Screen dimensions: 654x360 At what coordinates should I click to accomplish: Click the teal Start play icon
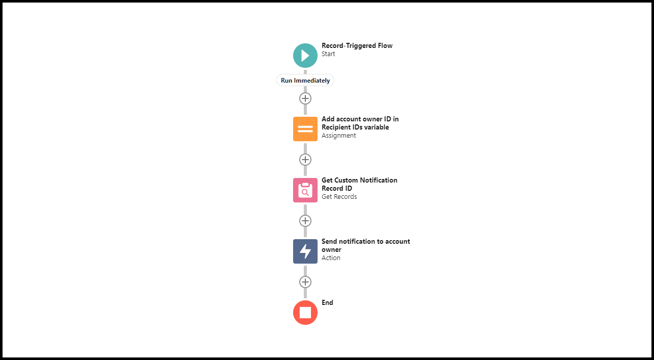tap(305, 56)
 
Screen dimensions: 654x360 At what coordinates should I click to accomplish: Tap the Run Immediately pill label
tap(305, 81)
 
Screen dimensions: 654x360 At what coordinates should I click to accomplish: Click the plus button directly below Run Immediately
tap(305, 98)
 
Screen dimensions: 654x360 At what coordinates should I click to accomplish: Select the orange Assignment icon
tap(305, 129)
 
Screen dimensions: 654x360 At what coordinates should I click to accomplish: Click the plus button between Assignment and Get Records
tap(305, 160)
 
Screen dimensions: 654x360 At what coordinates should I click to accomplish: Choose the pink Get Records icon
tap(305, 190)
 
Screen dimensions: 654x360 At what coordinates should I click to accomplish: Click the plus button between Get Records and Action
tap(305, 221)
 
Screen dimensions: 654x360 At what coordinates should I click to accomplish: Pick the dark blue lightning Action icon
tap(305, 251)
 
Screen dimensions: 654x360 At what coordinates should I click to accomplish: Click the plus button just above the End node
tap(305, 282)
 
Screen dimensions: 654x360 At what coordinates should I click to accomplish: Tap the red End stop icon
tap(305, 313)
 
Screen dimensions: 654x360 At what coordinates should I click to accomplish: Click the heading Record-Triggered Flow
tap(357, 46)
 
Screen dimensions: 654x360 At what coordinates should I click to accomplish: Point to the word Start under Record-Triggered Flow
tap(328, 54)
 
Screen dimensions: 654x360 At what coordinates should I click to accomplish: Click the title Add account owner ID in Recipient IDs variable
tap(360, 123)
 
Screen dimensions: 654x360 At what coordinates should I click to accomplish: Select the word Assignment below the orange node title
tap(338, 136)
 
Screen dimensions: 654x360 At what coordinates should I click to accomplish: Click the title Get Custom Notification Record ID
tap(359, 184)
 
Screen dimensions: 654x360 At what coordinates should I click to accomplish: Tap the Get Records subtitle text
tap(339, 197)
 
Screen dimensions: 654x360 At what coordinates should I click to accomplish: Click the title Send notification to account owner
tap(365, 245)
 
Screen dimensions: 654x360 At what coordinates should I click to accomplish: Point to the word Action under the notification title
tap(331, 258)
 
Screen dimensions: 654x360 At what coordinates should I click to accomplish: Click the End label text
tap(327, 303)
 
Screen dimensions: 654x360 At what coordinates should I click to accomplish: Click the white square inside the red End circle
tap(305, 313)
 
